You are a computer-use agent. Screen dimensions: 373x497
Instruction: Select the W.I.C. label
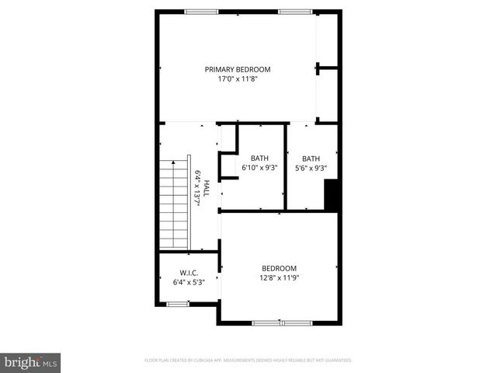(x=189, y=273)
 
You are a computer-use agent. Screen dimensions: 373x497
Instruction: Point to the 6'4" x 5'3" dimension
(x=189, y=282)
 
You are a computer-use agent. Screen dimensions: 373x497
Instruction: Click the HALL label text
(x=207, y=188)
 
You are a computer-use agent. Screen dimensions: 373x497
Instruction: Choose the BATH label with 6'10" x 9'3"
(x=259, y=159)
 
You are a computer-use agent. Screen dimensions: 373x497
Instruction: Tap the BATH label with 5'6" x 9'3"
(x=311, y=159)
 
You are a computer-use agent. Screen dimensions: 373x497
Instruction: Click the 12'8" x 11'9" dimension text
(x=279, y=277)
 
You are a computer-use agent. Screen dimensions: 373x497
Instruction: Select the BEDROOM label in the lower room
(x=279, y=268)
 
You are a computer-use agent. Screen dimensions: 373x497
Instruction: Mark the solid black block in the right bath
(x=332, y=194)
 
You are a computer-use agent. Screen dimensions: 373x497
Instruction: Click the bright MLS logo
(x=31, y=361)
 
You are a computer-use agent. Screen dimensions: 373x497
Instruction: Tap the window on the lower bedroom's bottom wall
(x=280, y=322)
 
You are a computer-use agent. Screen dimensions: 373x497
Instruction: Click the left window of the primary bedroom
(x=201, y=11)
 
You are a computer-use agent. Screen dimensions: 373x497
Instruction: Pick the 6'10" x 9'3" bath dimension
(x=259, y=168)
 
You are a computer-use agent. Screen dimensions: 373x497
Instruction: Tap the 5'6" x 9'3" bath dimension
(x=311, y=168)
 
